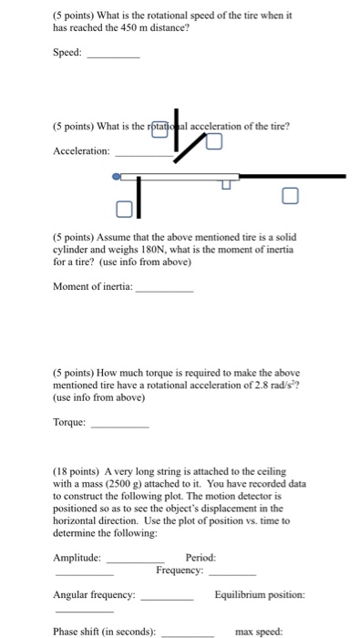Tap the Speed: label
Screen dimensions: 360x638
tap(67, 54)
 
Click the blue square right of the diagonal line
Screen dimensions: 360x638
tap(213, 140)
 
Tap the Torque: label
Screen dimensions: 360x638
tap(71, 422)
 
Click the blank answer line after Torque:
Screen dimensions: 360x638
tap(120, 425)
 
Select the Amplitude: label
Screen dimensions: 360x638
tap(79, 557)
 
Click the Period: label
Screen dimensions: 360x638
tap(201, 557)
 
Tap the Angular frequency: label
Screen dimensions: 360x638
tap(96, 594)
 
